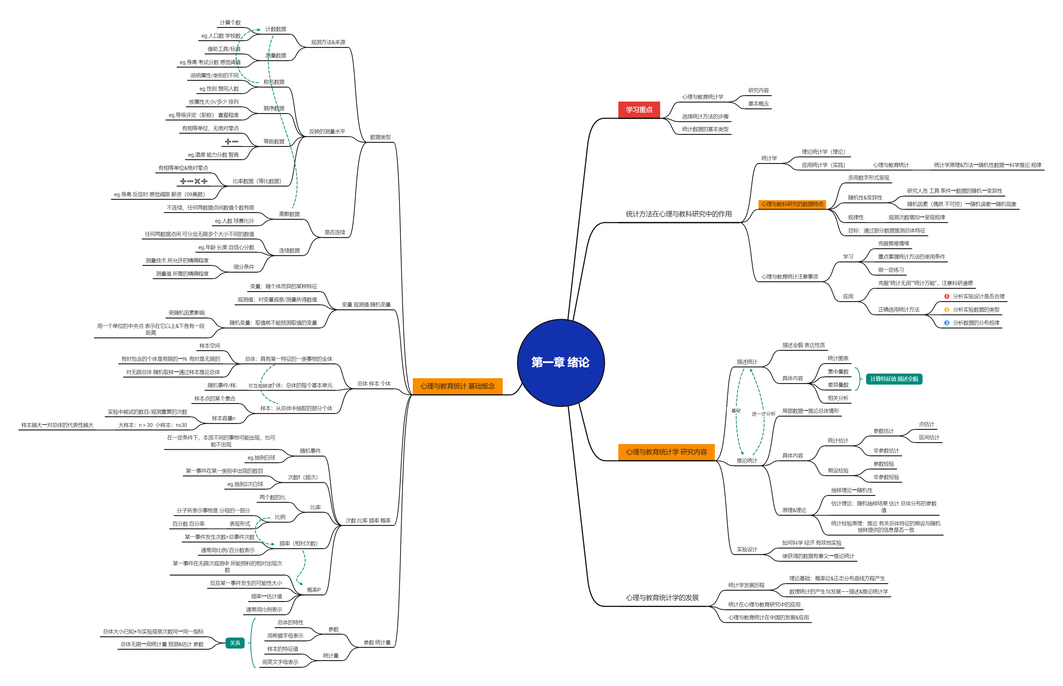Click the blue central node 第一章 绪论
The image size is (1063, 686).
[x=561, y=362]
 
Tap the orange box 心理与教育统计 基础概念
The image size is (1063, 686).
[x=457, y=386]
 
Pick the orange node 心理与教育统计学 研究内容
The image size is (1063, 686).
[x=666, y=452]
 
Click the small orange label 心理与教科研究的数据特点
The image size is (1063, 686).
[x=792, y=204]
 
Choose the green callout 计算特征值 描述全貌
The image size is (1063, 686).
[x=894, y=379]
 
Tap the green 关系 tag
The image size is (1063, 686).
[x=235, y=643]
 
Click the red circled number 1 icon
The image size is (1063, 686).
[x=947, y=296]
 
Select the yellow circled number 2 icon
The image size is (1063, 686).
[x=947, y=310]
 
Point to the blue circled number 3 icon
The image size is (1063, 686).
[x=947, y=323]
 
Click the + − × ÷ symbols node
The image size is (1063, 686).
[x=194, y=181]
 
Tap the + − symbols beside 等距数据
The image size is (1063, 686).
[x=231, y=142]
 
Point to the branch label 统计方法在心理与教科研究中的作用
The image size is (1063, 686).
[x=678, y=214]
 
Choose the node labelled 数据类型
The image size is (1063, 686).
[x=380, y=137]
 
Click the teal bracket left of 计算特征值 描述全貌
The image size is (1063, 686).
[x=858, y=379]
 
